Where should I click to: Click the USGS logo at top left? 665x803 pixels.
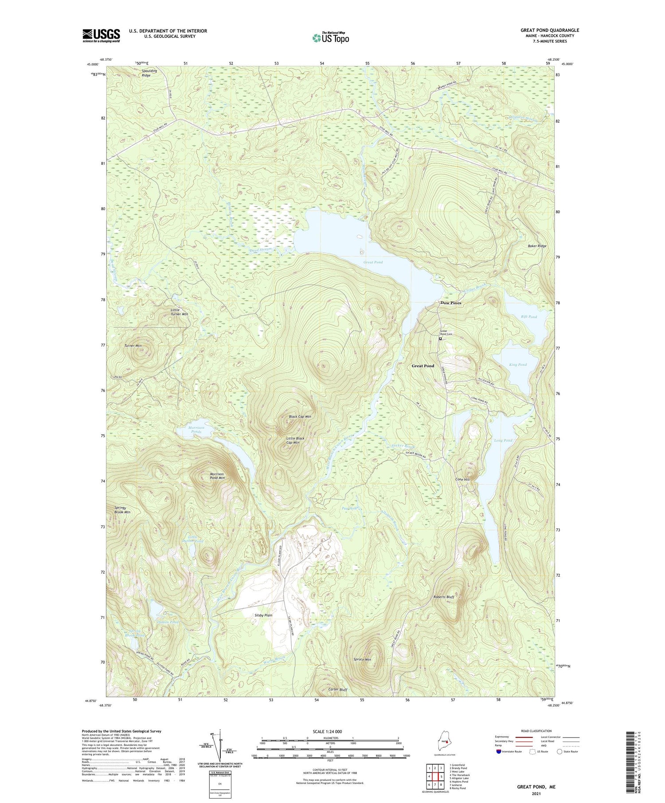101,35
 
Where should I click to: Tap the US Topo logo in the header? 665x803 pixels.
330,38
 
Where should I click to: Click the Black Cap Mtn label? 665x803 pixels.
300,417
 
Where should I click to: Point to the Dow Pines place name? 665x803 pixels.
450,303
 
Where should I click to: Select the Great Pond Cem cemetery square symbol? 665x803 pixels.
440,339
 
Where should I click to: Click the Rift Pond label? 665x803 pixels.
529,317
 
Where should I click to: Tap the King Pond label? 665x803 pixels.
518,365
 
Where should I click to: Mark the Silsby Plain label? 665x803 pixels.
263,615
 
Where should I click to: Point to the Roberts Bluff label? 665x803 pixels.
443,597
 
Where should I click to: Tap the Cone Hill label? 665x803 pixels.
462,480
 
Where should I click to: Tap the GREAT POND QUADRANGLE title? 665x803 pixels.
550,30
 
